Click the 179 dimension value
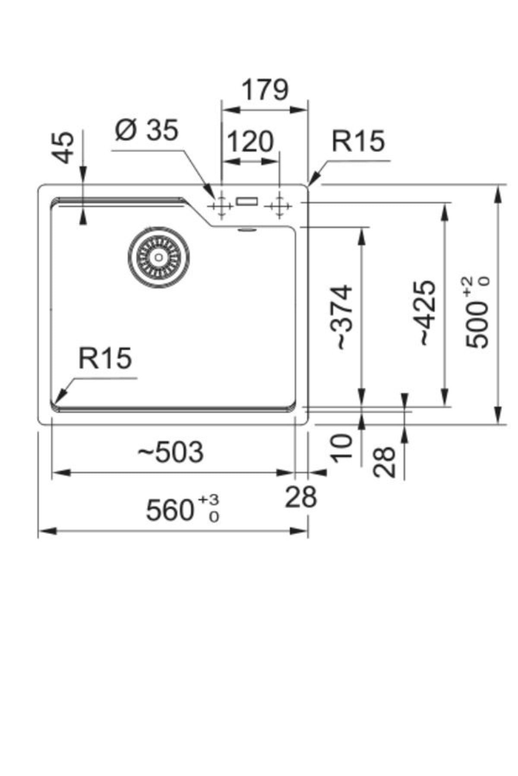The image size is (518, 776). click(x=264, y=90)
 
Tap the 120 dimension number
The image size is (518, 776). click(x=250, y=141)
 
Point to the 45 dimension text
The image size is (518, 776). click(x=65, y=147)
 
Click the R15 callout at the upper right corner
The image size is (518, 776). click(x=358, y=141)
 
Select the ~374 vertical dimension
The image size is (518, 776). click(x=344, y=317)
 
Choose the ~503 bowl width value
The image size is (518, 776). click(x=171, y=452)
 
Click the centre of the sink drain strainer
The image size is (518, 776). click(x=158, y=257)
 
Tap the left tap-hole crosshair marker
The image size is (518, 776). click(x=221, y=206)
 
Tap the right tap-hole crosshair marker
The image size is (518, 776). click(x=279, y=206)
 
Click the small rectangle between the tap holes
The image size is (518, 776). click(x=247, y=200)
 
